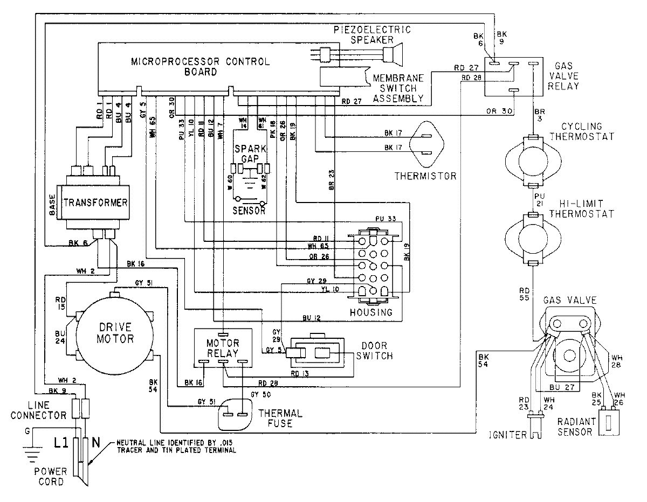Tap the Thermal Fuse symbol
pos(236,414)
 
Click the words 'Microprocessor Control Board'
pos(201,66)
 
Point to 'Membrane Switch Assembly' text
pos(398,88)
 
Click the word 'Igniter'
pos(507,435)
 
